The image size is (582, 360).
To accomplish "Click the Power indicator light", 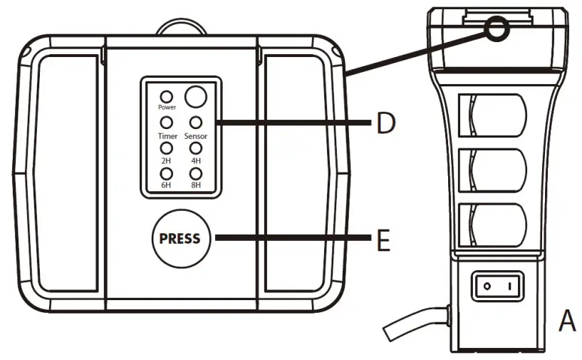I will point(166,96).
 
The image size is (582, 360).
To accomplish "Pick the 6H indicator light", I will point(166,173).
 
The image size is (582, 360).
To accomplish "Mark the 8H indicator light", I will point(195,173).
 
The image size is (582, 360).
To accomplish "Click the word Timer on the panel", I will point(167,135).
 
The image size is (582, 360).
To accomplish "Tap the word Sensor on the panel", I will point(196,135).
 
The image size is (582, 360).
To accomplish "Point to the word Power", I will point(167,108).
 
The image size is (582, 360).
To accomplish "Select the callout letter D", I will point(385,124).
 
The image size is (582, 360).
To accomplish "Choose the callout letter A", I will point(566,322).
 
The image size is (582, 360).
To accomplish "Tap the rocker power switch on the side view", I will point(499,287).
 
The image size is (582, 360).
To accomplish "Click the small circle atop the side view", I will point(496,28).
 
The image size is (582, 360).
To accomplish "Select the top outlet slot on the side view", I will point(498,116).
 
